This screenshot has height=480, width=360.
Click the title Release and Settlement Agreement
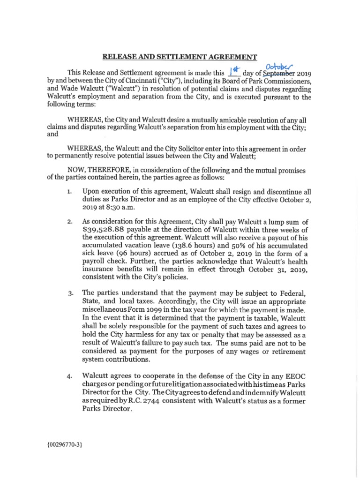180,57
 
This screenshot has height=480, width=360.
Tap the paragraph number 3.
69,294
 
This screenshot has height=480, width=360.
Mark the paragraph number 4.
69,376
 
